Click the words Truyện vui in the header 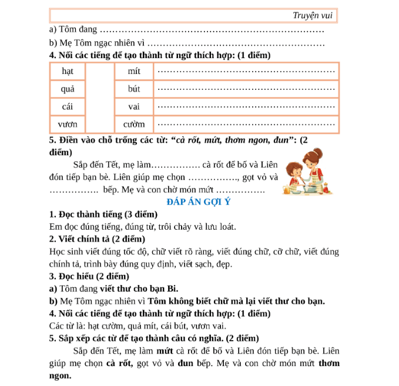click(313, 16)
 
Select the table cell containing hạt click(67, 71)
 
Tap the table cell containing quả click(67, 89)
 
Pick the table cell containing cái click(67, 107)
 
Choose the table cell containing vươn click(67, 125)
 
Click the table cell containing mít click(134, 71)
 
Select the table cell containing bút click(134, 89)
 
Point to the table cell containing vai click(134, 107)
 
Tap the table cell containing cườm click(134, 125)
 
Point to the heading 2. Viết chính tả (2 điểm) click(97, 239)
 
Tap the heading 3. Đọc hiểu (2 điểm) click(89, 276)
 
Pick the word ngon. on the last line click(61, 375)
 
